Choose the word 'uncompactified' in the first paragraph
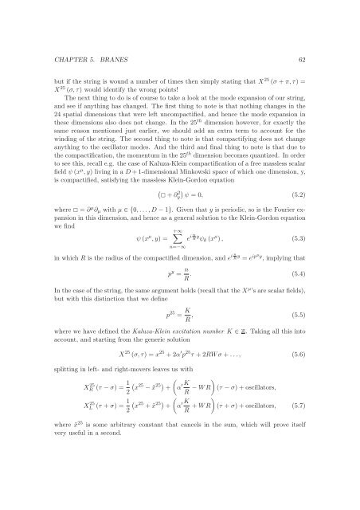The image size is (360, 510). point(182,105)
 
